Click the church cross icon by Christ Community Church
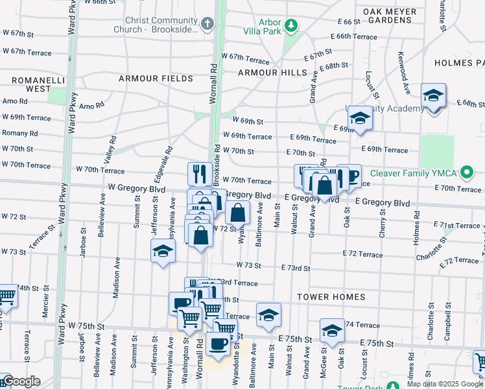(207, 25)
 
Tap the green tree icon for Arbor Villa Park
(292, 25)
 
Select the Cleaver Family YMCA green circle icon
(466, 172)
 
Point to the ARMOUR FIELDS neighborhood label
(156, 78)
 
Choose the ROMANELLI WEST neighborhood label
(30, 84)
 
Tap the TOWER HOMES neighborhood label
(331, 297)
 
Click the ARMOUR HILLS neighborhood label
(272, 73)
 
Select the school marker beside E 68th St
(433, 96)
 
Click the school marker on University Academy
(359, 118)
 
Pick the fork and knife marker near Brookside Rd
(200, 174)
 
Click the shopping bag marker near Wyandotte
(238, 212)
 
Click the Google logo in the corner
(21, 382)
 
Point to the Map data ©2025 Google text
(444, 384)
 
